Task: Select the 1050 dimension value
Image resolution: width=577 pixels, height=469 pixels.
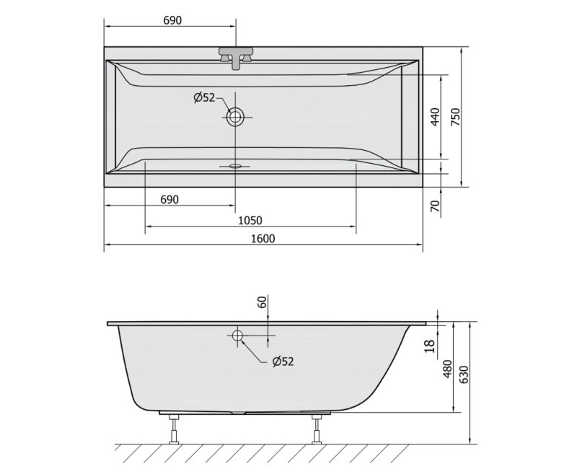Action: [x=250, y=220]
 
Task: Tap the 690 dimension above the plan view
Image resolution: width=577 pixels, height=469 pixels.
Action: [x=172, y=19]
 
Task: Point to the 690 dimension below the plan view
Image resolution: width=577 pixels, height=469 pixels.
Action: [x=168, y=198]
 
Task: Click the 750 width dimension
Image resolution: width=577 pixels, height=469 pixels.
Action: [x=455, y=117]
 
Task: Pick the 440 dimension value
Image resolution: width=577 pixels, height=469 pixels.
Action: [x=434, y=117]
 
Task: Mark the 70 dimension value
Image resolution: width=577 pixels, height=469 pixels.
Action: [x=434, y=206]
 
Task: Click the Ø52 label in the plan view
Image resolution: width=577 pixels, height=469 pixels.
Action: [x=204, y=98]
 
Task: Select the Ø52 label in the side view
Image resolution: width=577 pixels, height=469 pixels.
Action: [x=283, y=362]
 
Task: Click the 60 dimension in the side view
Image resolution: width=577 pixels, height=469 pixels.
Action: [x=263, y=302]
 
